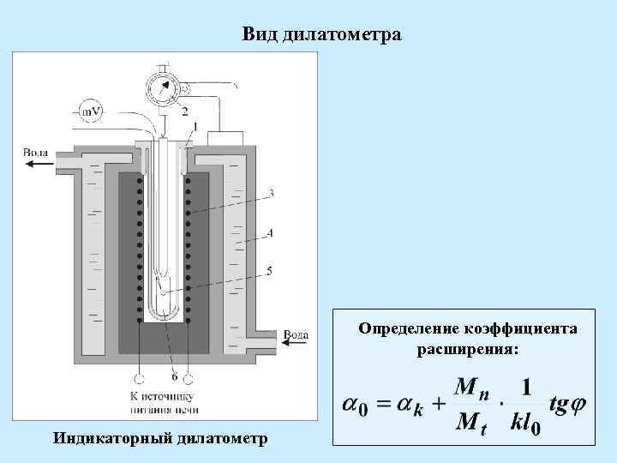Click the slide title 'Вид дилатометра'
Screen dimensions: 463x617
coord(321,34)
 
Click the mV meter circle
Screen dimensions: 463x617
coord(89,111)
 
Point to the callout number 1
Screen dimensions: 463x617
coord(195,127)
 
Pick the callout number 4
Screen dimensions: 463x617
coord(271,231)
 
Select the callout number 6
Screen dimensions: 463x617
coord(174,376)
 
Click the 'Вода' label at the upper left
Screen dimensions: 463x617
coord(35,153)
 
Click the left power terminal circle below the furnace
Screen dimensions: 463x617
coord(140,377)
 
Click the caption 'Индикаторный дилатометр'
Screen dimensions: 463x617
coord(160,438)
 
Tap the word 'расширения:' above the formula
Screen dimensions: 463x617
coord(468,349)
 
